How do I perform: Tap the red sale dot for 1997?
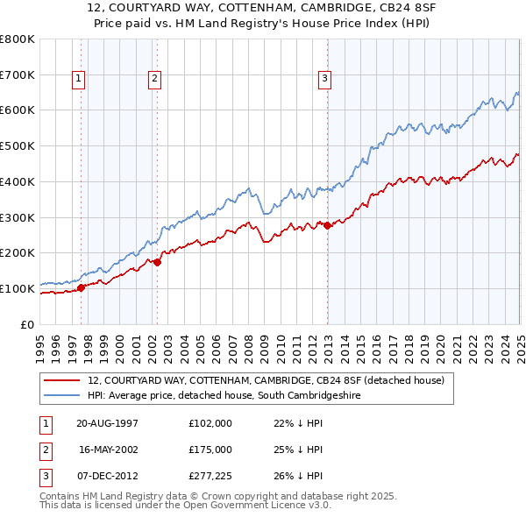pyautogui.click(x=82, y=287)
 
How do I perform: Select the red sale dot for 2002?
pyautogui.click(x=158, y=261)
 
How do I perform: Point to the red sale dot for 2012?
pyautogui.click(x=328, y=225)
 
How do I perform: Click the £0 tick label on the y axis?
pyautogui.click(x=28, y=324)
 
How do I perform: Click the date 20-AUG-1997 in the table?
pyautogui.click(x=107, y=423)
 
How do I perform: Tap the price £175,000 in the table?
pyautogui.click(x=210, y=450)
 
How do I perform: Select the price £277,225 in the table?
pyautogui.click(x=210, y=476)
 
